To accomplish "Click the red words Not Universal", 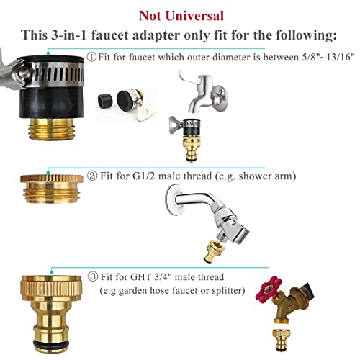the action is (181, 16).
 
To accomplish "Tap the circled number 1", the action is (91, 57).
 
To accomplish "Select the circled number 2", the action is (92, 176).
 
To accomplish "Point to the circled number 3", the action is (93, 276).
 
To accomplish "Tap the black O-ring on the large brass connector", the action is (51, 342).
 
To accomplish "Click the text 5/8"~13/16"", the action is (328, 57).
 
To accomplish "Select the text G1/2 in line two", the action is (144, 176).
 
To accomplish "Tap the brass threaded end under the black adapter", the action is (52, 130).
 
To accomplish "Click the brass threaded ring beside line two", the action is (51, 189).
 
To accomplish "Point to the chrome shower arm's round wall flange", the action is (174, 199).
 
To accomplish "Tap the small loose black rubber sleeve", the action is (105, 100).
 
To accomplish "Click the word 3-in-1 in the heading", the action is (69, 35).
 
